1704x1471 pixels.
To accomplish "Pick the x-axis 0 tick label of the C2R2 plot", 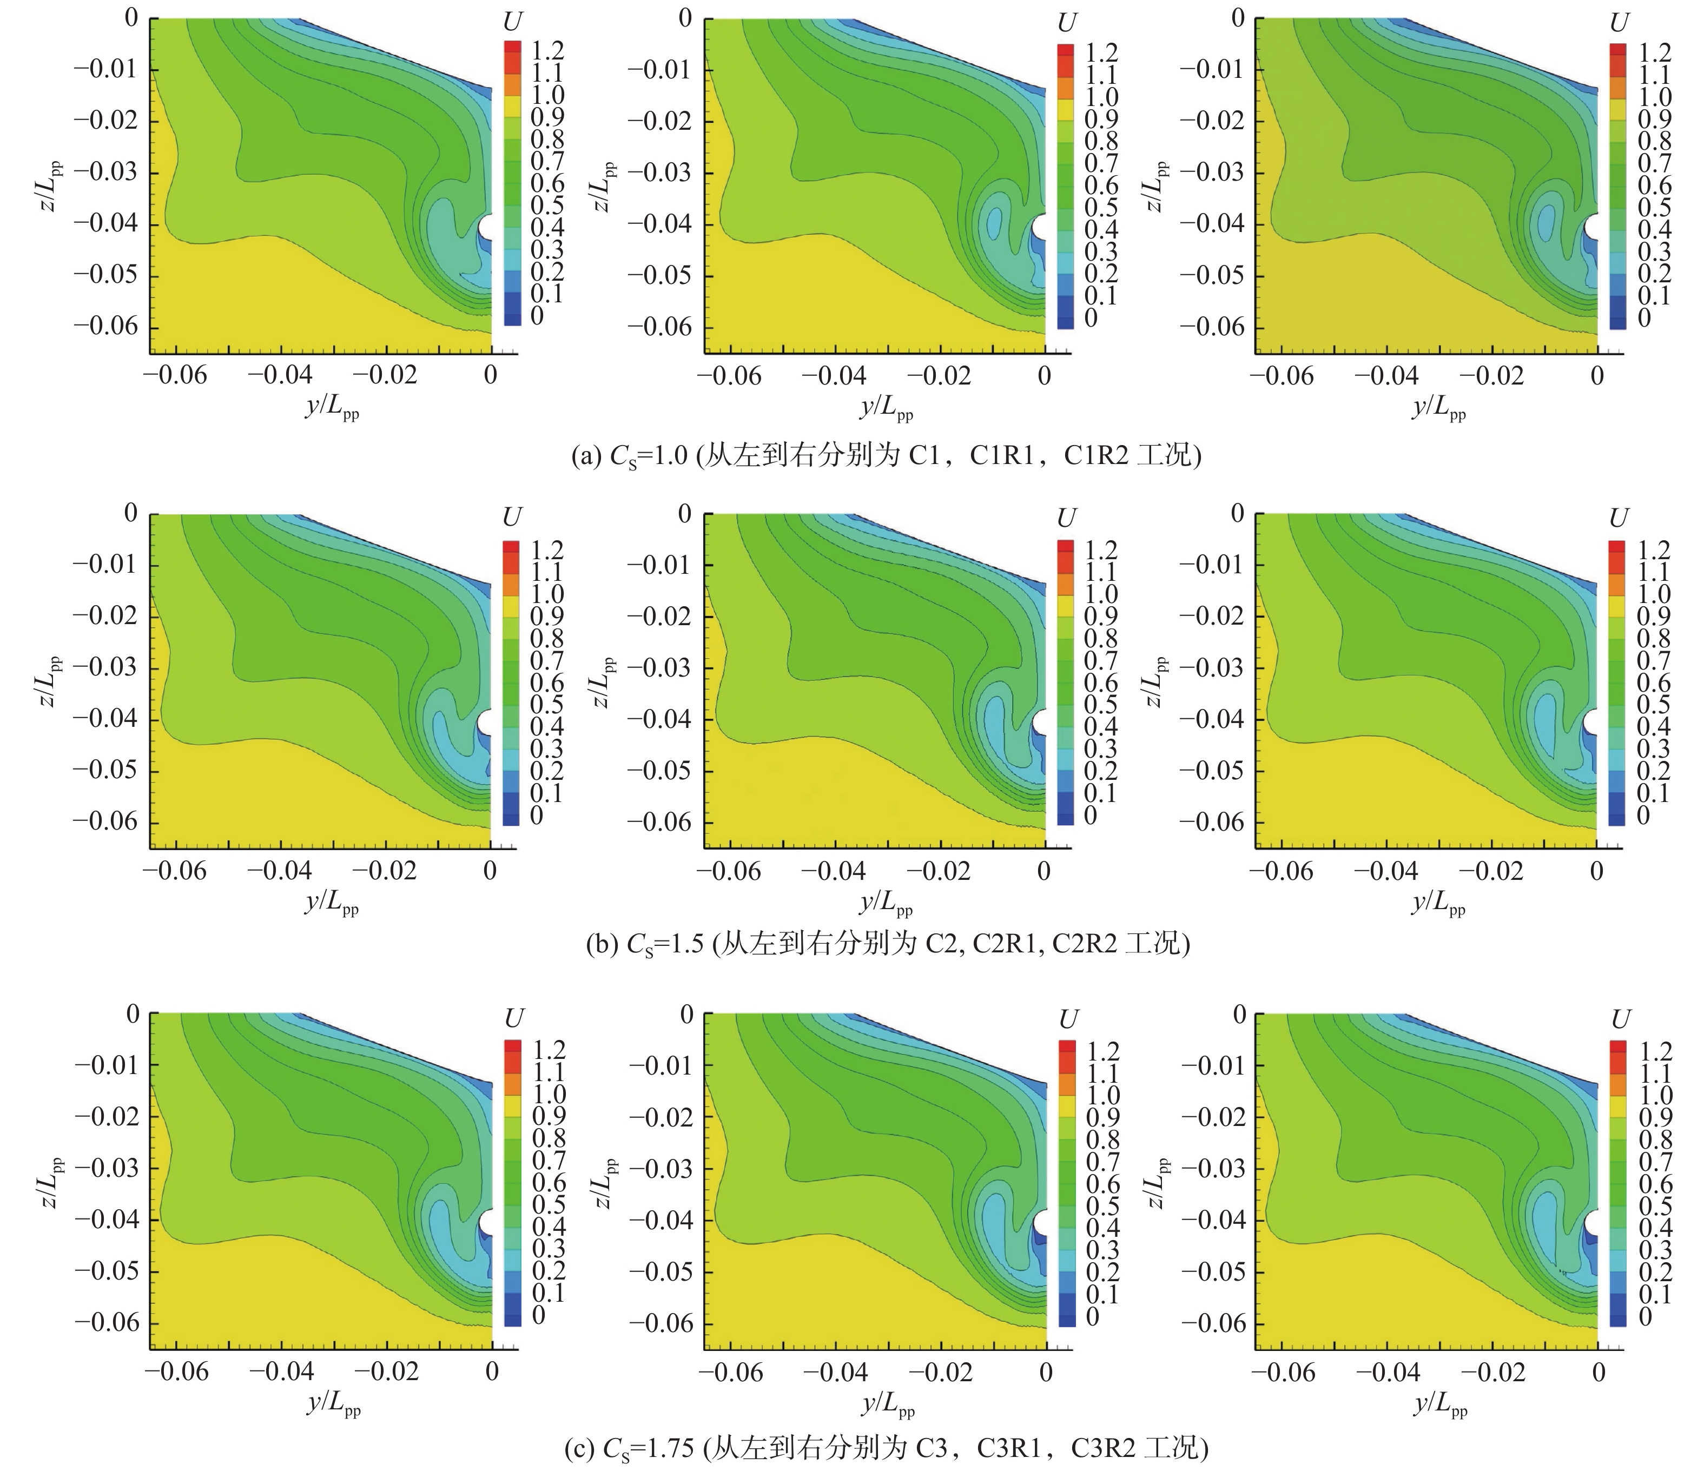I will coord(1596,872).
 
